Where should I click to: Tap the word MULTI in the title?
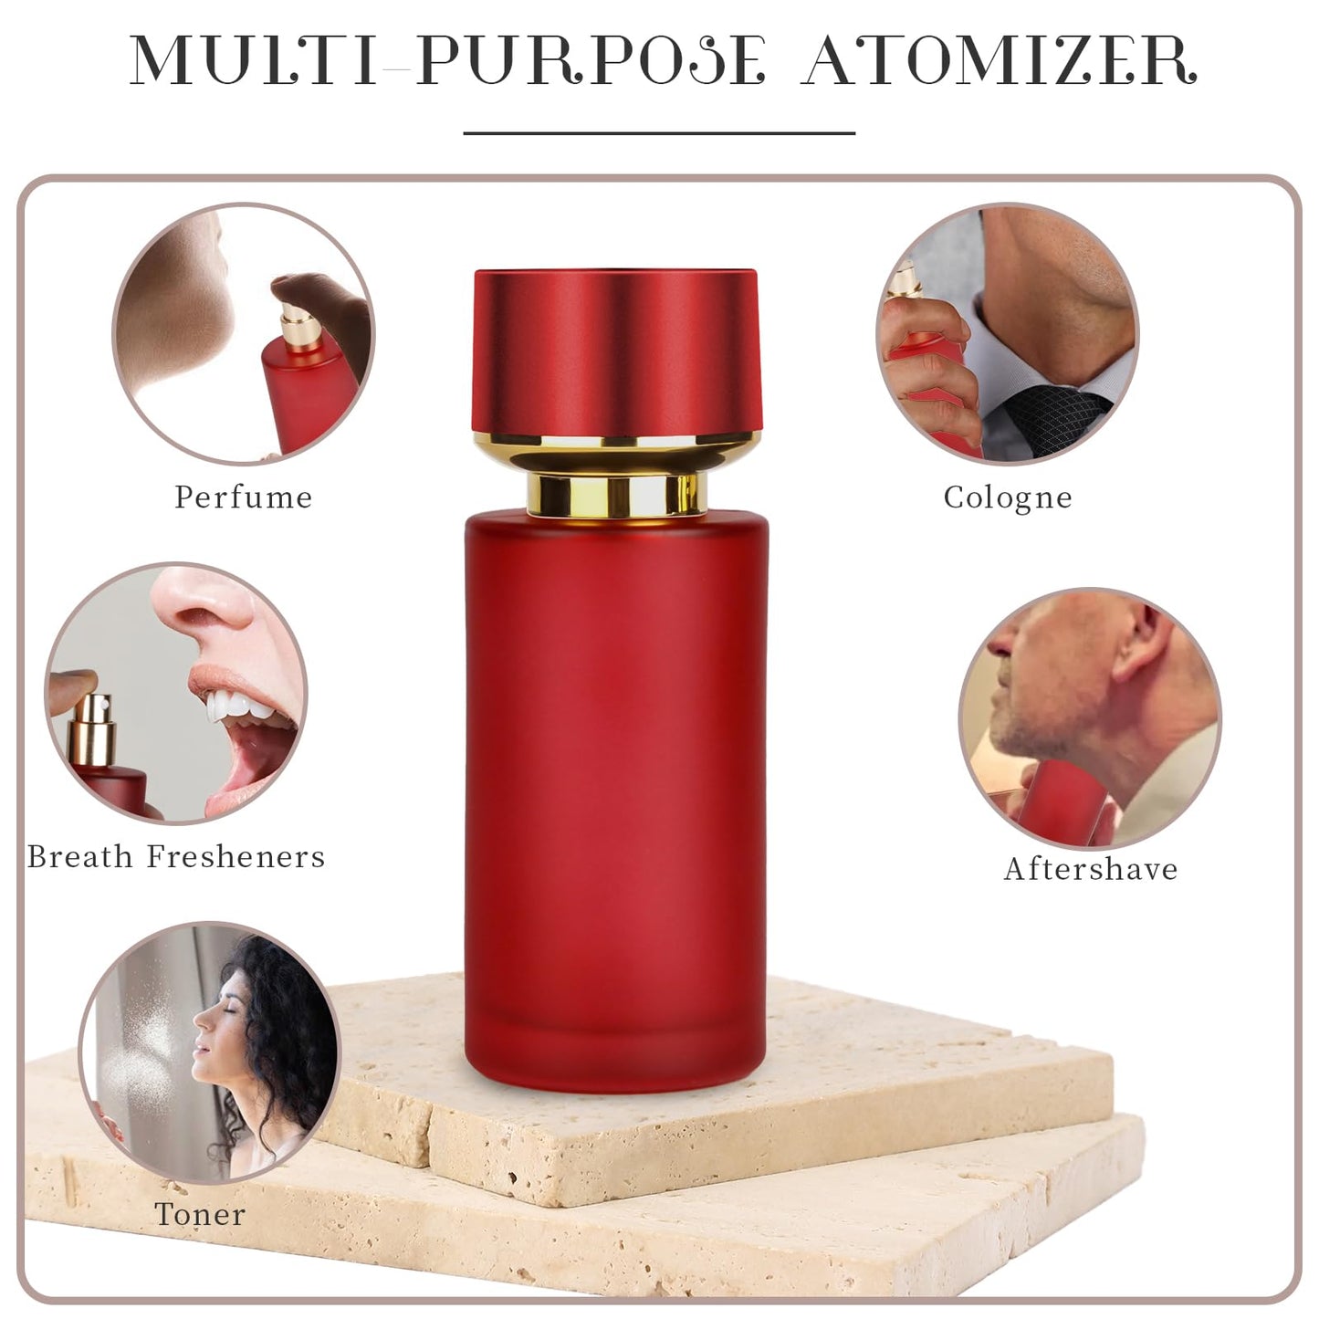[252, 61]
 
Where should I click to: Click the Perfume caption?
[243, 497]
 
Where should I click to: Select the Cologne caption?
[1008, 498]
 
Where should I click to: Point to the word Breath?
[80, 856]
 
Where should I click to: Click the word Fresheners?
[236, 856]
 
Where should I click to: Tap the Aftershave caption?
[1091, 868]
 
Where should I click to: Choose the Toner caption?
[200, 1214]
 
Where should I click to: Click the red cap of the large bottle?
[615, 351]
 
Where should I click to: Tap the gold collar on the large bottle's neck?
[617, 494]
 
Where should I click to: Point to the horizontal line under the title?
[659, 133]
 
